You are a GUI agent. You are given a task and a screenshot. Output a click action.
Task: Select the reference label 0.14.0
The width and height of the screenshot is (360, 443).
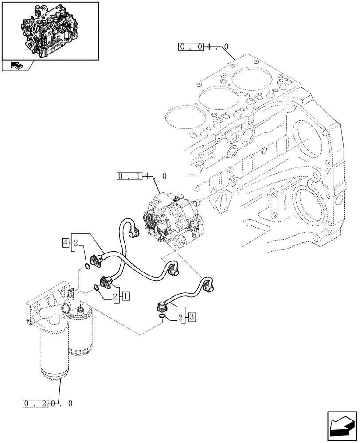(142, 176)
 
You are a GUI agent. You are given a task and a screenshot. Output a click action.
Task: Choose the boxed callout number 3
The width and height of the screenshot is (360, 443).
(191, 317)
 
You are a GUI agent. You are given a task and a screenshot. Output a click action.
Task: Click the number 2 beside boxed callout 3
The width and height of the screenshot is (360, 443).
(181, 317)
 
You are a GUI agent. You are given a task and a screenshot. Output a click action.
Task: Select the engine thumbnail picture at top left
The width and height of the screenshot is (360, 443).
(50, 30)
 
